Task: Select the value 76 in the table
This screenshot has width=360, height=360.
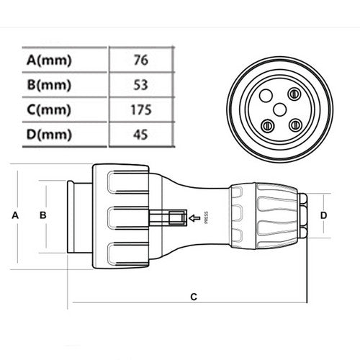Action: (x=140, y=60)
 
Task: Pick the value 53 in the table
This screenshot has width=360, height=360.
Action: (x=140, y=85)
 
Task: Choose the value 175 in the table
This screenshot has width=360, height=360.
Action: (x=140, y=109)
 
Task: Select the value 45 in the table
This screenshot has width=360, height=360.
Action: (x=140, y=134)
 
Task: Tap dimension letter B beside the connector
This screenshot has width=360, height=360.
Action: (x=43, y=215)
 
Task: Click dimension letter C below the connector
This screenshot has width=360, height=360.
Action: (x=193, y=296)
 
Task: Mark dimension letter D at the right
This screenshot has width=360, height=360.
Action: (x=324, y=215)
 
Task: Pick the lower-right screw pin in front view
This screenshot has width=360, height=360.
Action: (x=294, y=124)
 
